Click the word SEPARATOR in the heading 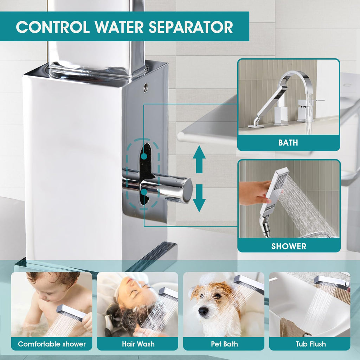[191, 27]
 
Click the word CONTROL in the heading [53, 27]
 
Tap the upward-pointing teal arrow [199, 159]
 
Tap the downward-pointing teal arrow [199, 198]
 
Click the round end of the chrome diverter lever [187, 190]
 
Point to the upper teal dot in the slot [144, 156]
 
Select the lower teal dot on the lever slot [144, 192]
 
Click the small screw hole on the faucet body [146, 88]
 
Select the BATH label [288, 143]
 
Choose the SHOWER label [289, 246]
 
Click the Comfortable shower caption [52, 344]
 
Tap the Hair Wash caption [138, 344]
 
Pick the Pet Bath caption [224, 344]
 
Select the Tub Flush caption [311, 344]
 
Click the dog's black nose [203, 311]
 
